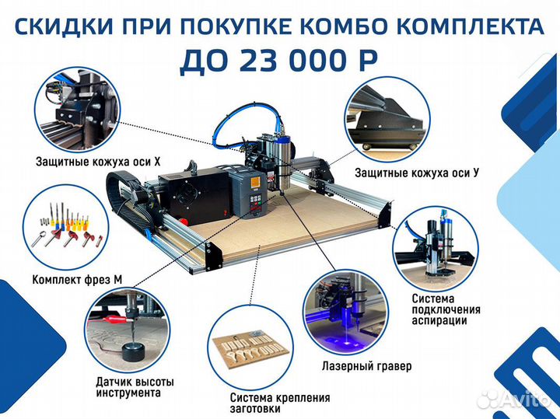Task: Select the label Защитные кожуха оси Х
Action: [x=97, y=162]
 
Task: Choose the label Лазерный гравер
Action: [x=366, y=365]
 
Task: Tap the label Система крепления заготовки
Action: [x=279, y=403]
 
